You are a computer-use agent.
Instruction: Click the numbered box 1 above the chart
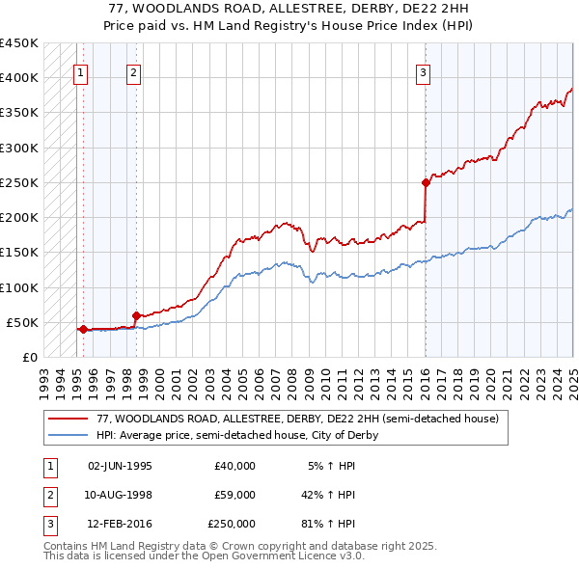80,71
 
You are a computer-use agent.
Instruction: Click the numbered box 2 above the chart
133,71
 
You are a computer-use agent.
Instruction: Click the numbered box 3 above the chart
423,71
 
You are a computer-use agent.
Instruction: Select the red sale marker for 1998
136,315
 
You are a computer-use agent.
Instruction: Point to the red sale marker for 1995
83,329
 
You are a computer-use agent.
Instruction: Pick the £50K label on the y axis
23,322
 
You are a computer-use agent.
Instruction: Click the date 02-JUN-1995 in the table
120,466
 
